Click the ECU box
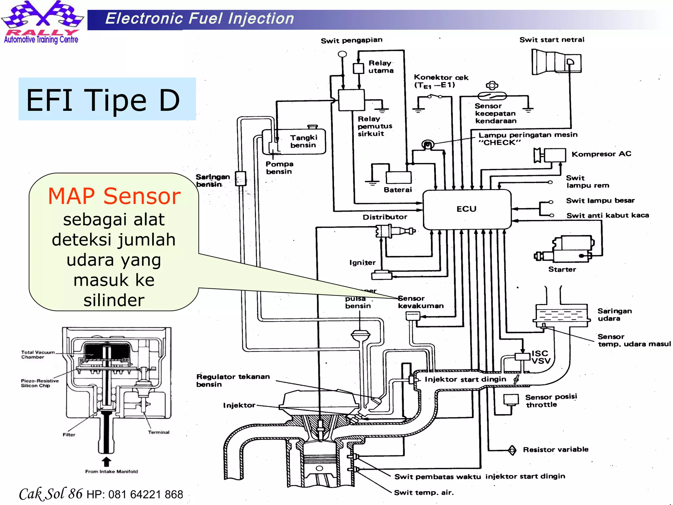point(467,209)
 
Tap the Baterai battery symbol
point(398,178)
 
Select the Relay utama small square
point(358,68)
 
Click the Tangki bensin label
point(303,141)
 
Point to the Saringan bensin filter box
point(241,179)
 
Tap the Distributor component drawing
point(394,231)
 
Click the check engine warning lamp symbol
point(428,144)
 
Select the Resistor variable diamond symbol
point(512,450)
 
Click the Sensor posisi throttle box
point(511,399)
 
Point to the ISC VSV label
point(541,357)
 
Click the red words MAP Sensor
point(114,196)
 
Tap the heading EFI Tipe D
point(103,100)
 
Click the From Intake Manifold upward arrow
point(106,462)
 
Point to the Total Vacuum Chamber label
point(37,354)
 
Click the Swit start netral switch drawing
point(556,61)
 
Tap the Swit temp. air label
point(424,493)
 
